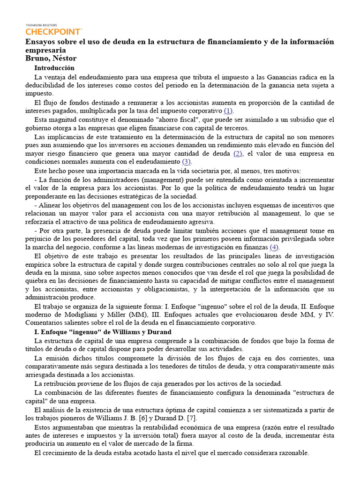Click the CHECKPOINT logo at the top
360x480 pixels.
pos(53,31)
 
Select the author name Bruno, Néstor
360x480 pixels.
pos(51,58)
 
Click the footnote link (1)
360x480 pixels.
pos(228,111)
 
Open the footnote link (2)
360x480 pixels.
pos(238,153)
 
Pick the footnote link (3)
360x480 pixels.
pos(187,162)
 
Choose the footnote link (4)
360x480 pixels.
pos(274,247)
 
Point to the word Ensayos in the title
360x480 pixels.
pos(40,42)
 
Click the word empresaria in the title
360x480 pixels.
pos(45,50)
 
